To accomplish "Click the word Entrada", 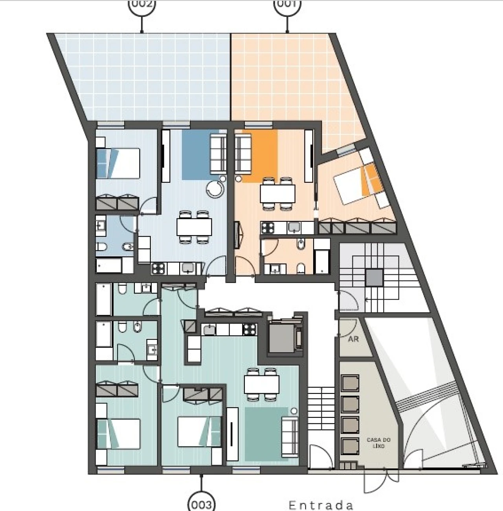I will coord(321,505).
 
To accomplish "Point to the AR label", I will coord(353,338).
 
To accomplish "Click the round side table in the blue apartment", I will coord(215,189).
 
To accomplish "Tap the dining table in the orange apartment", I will coord(277,193).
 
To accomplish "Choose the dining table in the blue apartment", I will coord(194,227).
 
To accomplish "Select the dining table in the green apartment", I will coord(262,384).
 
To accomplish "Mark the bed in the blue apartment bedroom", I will coord(118,162).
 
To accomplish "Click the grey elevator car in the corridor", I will coord(282,337).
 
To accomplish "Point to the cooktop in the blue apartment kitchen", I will coord(158,268).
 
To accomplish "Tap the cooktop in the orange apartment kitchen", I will coord(269,227).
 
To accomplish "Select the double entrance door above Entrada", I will coord(379,481).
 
